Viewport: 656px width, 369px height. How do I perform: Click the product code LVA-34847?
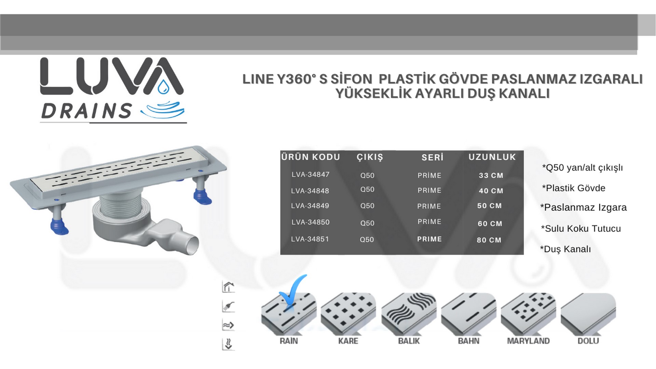(x=310, y=175)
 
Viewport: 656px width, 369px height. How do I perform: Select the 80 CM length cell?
(x=489, y=240)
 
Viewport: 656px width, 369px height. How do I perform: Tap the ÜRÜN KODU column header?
(x=311, y=157)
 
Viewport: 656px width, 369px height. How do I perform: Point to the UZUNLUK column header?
(x=492, y=157)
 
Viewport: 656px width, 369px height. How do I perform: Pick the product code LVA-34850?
(x=310, y=222)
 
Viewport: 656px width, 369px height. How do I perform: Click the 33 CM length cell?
(x=491, y=175)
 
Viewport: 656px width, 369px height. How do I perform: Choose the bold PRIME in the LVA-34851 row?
(x=429, y=239)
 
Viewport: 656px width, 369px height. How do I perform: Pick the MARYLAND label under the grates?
(x=528, y=341)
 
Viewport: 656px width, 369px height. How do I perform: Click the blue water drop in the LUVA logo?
(x=163, y=87)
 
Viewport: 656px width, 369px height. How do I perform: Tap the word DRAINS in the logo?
(x=86, y=111)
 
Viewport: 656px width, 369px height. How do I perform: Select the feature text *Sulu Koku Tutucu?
(x=581, y=229)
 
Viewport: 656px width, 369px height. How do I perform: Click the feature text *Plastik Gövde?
(x=574, y=188)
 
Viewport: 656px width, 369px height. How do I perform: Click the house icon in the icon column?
(x=228, y=287)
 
